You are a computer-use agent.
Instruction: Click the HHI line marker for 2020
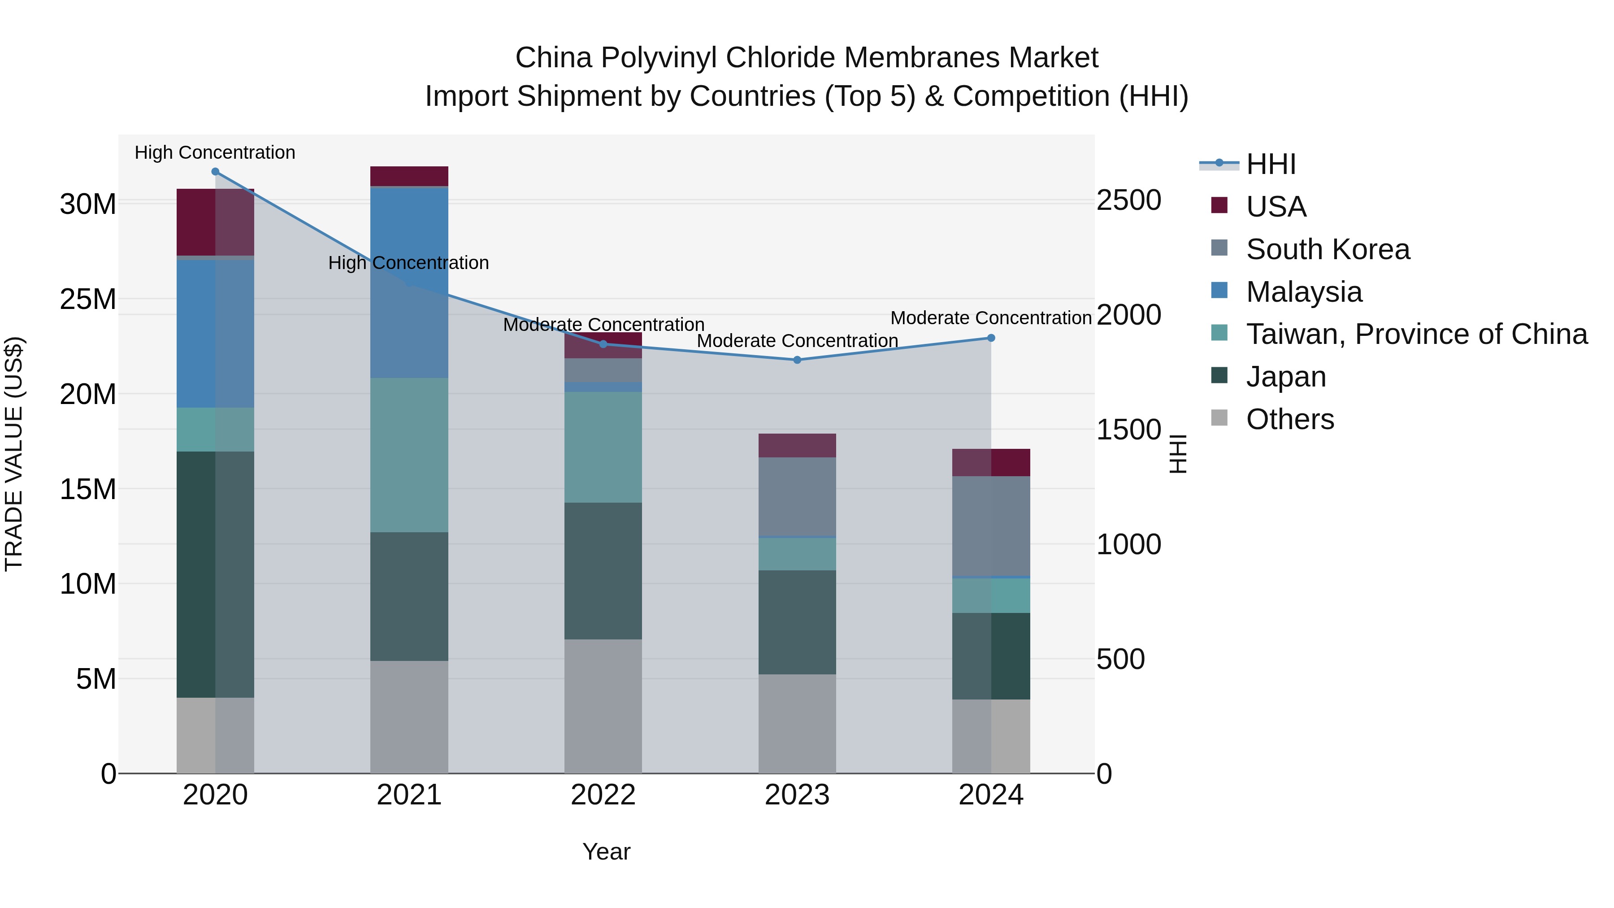pyautogui.click(x=215, y=172)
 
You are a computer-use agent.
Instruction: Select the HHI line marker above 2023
pyautogui.click(x=797, y=360)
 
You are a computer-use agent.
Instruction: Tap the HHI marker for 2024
pyautogui.click(x=990, y=338)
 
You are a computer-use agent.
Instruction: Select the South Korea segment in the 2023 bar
pyautogui.click(x=797, y=496)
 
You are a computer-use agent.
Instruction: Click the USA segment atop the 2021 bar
pyautogui.click(x=409, y=176)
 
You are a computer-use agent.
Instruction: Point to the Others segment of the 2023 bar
pyautogui.click(x=797, y=723)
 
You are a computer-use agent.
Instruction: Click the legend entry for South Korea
pyautogui.click(x=1327, y=249)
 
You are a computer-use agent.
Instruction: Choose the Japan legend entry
pyautogui.click(x=1286, y=377)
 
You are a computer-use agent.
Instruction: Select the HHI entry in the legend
pyautogui.click(x=1270, y=164)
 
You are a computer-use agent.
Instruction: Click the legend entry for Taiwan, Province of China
pyautogui.click(x=1416, y=334)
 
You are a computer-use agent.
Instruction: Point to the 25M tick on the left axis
pyautogui.click(x=88, y=300)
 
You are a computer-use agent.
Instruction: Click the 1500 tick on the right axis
pyautogui.click(x=1128, y=430)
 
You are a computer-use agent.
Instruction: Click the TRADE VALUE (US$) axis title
pyautogui.click(x=14, y=454)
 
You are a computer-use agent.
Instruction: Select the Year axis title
pyautogui.click(x=606, y=852)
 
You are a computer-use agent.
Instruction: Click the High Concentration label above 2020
pyautogui.click(x=215, y=152)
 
